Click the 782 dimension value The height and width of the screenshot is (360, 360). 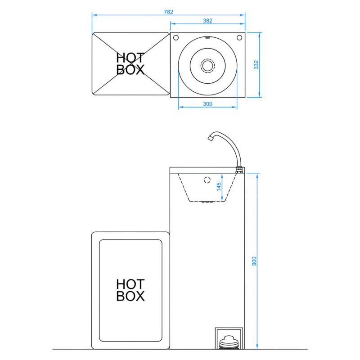pyautogui.click(x=169, y=12)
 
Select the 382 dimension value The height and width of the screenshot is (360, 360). pyautogui.click(x=207, y=20)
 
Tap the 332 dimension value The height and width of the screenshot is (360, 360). pyautogui.click(x=256, y=65)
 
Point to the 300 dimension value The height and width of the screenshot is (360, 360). pyautogui.click(x=207, y=104)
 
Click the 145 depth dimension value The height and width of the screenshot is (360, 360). pyautogui.click(x=219, y=187)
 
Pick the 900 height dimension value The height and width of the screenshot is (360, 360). pyautogui.click(x=253, y=261)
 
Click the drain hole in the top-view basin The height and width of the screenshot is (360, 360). pyautogui.click(x=207, y=65)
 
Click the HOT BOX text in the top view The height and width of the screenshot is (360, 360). pyautogui.click(x=130, y=64)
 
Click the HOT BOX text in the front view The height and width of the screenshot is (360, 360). pyautogui.click(x=130, y=290)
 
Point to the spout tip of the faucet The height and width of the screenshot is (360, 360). pyautogui.click(x=210, y=139)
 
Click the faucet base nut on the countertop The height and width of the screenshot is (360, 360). pyautogui.click(x=239, y=170)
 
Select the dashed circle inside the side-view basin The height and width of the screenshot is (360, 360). pyautogui.click(x=207, y=180)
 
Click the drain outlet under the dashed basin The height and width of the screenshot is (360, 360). pyautogui.click(x=207, y=202)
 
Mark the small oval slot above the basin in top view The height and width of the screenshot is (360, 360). pyautogui.click(x=207, y=38)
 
